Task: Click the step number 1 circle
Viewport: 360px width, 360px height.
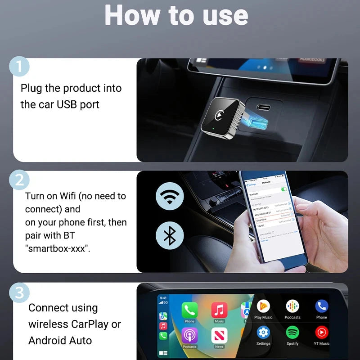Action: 18,67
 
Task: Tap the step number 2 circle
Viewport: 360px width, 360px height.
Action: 18,180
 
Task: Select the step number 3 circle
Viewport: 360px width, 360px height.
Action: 18,293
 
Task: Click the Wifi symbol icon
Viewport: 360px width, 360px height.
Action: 170,196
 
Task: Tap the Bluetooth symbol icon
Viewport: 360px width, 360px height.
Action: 170,235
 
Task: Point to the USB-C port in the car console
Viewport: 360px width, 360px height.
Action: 265,108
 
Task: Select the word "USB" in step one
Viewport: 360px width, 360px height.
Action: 67,105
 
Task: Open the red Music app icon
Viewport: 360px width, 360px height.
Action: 219,310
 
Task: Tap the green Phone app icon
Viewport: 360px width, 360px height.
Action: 189,310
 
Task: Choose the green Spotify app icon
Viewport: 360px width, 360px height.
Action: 292,333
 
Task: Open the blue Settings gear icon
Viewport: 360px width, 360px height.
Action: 263,333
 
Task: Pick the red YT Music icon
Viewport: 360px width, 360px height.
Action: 321,333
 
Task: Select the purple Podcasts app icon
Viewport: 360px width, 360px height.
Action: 189,335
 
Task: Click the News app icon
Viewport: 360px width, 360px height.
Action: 219,335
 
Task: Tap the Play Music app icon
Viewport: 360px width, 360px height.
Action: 263,306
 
